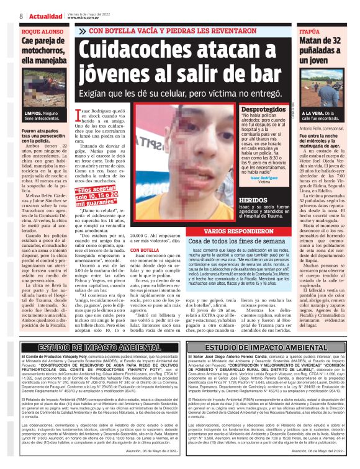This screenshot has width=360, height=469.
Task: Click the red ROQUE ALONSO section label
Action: pos(42,30)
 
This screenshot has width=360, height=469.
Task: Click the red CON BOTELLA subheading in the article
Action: pos(144,249)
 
